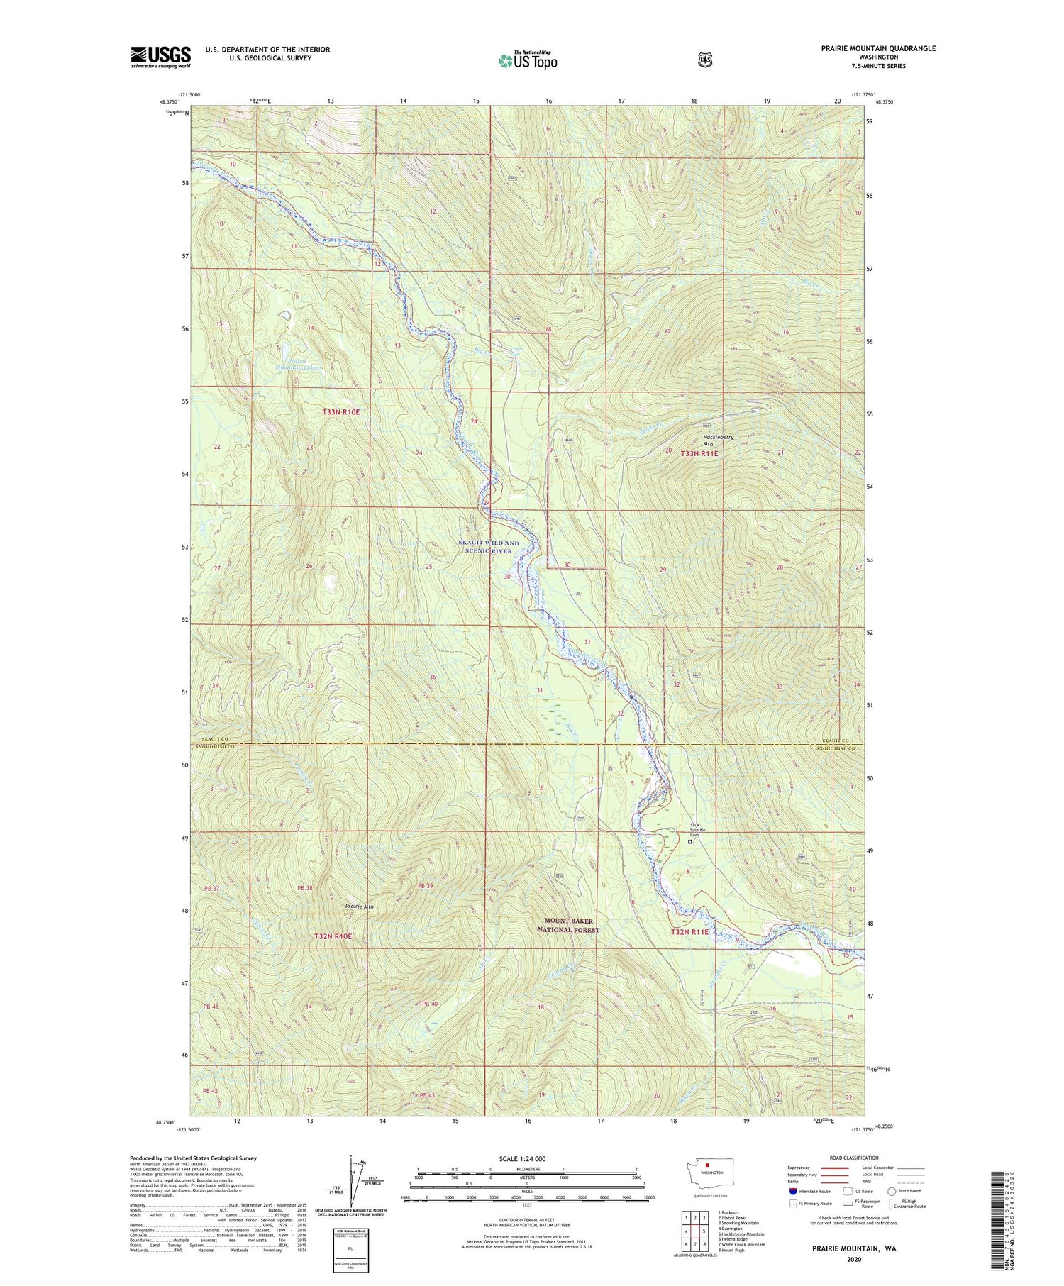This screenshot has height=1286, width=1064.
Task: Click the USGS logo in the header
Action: [161, 57]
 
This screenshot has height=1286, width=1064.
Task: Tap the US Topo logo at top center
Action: [528, 60]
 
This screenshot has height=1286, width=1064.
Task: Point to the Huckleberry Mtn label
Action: [719, 440]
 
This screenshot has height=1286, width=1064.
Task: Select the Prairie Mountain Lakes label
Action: [299, 364]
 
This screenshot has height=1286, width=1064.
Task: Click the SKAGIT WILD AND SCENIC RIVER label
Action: [489, 547]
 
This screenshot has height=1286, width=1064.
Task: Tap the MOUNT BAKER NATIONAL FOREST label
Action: [568, 925]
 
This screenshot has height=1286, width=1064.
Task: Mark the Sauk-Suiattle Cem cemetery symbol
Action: [690, 843]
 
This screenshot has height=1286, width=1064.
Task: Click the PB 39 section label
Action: [424, 885]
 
